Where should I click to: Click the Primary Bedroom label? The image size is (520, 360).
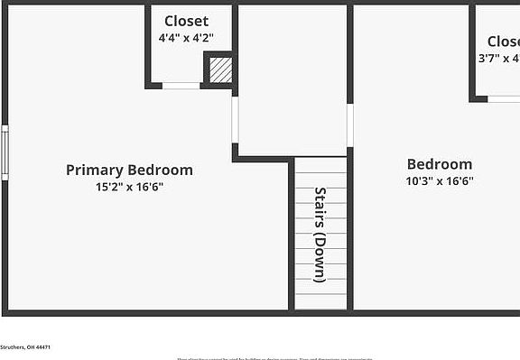pos(129,170)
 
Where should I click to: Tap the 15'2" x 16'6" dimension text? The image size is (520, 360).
pos(129,188)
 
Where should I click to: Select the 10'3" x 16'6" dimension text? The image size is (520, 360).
pos(440,180)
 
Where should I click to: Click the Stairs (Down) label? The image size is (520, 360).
pos(320,235)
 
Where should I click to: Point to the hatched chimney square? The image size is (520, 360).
pos(220,70)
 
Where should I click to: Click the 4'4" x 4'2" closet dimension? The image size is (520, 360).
pos(186,39)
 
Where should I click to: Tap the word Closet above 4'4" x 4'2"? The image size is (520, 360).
pos(186,21)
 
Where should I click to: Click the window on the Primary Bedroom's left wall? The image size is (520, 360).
pos(5,152)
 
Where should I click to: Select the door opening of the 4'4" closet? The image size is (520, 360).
pos(181,86)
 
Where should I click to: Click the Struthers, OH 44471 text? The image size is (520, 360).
pos(25,347)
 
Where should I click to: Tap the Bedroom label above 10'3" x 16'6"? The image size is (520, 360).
pos(440,164)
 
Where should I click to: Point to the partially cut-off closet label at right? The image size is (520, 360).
pos(503,42)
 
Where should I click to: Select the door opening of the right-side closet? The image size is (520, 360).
pos(504,98)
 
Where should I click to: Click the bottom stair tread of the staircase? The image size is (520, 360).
pos(320,301)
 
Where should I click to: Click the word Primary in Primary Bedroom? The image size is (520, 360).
pos(95,170)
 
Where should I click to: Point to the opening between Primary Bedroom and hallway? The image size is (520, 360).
pos(235,120)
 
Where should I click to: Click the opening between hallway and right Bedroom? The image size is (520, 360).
pos(349,125)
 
